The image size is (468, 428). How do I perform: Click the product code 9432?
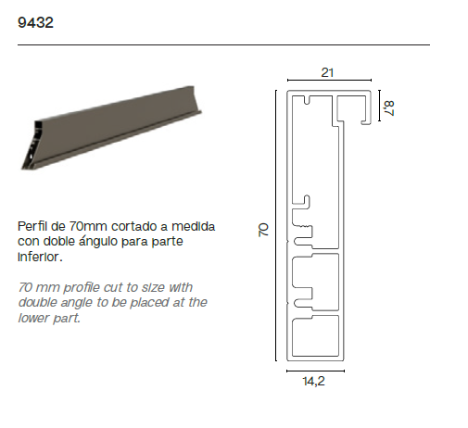coord(35,22)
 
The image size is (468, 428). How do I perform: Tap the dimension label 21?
coord(327,73)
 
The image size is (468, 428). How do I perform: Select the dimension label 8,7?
coord(388,108)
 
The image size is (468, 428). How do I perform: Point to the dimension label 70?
coord(263,230)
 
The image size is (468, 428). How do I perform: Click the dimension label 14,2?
coord(313,381)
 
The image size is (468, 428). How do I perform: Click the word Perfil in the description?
coord(32,226)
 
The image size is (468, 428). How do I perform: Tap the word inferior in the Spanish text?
coord(40,257)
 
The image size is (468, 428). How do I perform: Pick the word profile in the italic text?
coord(82,288)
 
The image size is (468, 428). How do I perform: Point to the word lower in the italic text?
coord(33,318)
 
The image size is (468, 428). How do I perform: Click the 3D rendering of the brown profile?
coord(111,128)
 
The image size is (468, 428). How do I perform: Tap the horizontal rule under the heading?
coord(223,44)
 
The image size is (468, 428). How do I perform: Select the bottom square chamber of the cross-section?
coord(315,335)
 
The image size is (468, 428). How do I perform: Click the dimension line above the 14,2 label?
coord(315,371)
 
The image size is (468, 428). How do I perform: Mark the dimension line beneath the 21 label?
coord(329,80)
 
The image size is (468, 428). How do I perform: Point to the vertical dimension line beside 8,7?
coord(379,106)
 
